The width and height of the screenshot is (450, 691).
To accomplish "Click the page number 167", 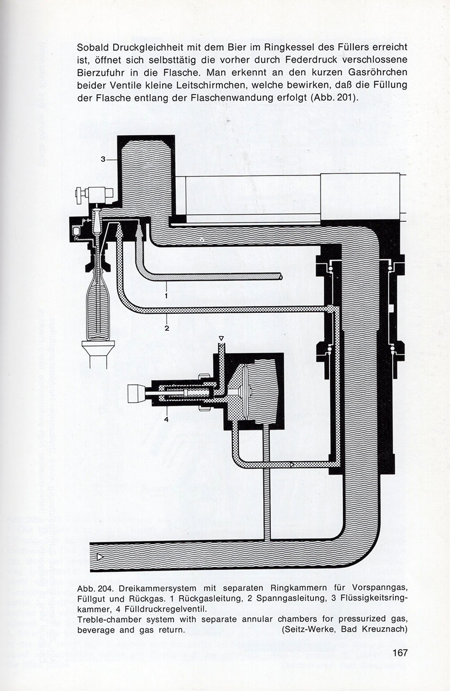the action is [400, 652].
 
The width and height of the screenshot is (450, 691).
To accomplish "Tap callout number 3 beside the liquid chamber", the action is [103, 159].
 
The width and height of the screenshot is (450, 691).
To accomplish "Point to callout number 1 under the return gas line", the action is [167, 295].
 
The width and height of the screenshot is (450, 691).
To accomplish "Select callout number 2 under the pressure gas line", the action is [167, 328].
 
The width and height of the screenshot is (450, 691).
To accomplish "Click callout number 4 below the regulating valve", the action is [167, 420].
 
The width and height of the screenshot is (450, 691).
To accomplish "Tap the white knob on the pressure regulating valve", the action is [136, 393].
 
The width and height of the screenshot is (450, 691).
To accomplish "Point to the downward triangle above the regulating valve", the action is [221, 339].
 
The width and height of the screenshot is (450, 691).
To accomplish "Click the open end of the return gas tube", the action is [280, 277].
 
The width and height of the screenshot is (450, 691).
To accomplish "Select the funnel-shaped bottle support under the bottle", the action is [98, 348].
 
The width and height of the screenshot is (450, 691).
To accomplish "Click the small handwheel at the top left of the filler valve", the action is [78, 195].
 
